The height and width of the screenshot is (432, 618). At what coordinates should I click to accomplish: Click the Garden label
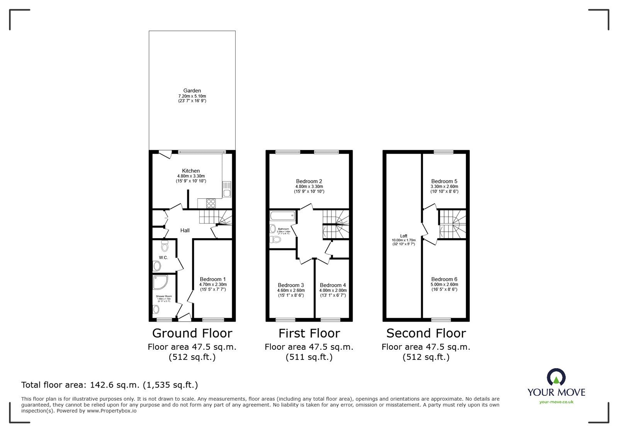[192, 91]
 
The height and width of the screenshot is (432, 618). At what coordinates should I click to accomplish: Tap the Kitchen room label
[191, 171]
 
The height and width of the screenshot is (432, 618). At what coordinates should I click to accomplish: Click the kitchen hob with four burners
[211, 203]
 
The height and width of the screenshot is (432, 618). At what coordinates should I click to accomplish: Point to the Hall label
[185, 230]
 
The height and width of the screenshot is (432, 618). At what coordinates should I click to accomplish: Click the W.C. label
[163, 258]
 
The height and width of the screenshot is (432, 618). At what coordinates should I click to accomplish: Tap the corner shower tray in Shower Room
[160, 283]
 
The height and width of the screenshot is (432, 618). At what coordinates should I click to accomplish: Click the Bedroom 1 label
[212, 279]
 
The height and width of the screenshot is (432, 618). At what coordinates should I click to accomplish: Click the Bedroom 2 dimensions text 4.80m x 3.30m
[309, 186]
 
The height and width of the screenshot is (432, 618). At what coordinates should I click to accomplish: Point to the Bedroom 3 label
[290, 285]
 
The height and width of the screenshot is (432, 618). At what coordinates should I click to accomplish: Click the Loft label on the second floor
[404, 236]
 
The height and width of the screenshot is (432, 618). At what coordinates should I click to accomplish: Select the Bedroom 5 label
[444, 181]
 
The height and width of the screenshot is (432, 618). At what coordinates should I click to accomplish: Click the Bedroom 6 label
[444, 279]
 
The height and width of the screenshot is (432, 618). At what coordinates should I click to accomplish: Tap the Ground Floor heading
[192, 333]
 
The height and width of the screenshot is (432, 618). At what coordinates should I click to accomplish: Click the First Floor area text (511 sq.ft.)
[309, 357]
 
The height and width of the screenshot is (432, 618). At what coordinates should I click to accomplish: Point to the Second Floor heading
[426, 333]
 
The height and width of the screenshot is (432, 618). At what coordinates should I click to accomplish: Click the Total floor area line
[109, 385]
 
